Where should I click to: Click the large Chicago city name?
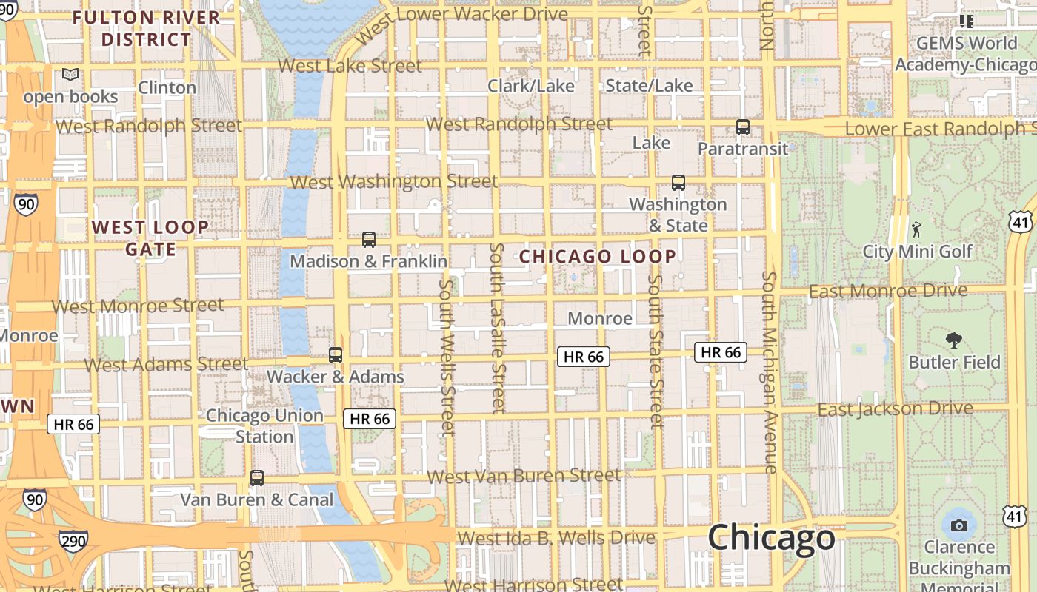(x=771, y=537)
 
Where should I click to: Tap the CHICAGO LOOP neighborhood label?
(x=597, y=257)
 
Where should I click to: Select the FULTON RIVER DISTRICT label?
(x=146, y=28)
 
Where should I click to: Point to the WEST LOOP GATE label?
(x=150, y=238)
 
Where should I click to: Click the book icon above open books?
(x=70, y=75)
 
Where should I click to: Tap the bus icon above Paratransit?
(x=743, y=127)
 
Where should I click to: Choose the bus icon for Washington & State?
(x=678, y=182)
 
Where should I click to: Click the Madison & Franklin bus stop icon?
(x=368, y=240)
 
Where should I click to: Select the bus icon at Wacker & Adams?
(x=336, y=355)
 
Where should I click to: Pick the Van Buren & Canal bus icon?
(x=257, y=478)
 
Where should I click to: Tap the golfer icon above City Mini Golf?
(x=917, y=229)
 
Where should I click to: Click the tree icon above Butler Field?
(x=954, y=340)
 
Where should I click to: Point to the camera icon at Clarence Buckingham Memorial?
(x=959, y=526)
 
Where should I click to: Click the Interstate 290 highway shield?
(x=74, y=542)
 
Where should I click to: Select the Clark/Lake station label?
(x=530, y=86)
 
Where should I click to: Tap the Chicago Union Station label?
(x=264, y=425)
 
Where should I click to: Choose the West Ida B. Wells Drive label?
(x=556, y=538)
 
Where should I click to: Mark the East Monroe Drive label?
(x=887, y=291)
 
